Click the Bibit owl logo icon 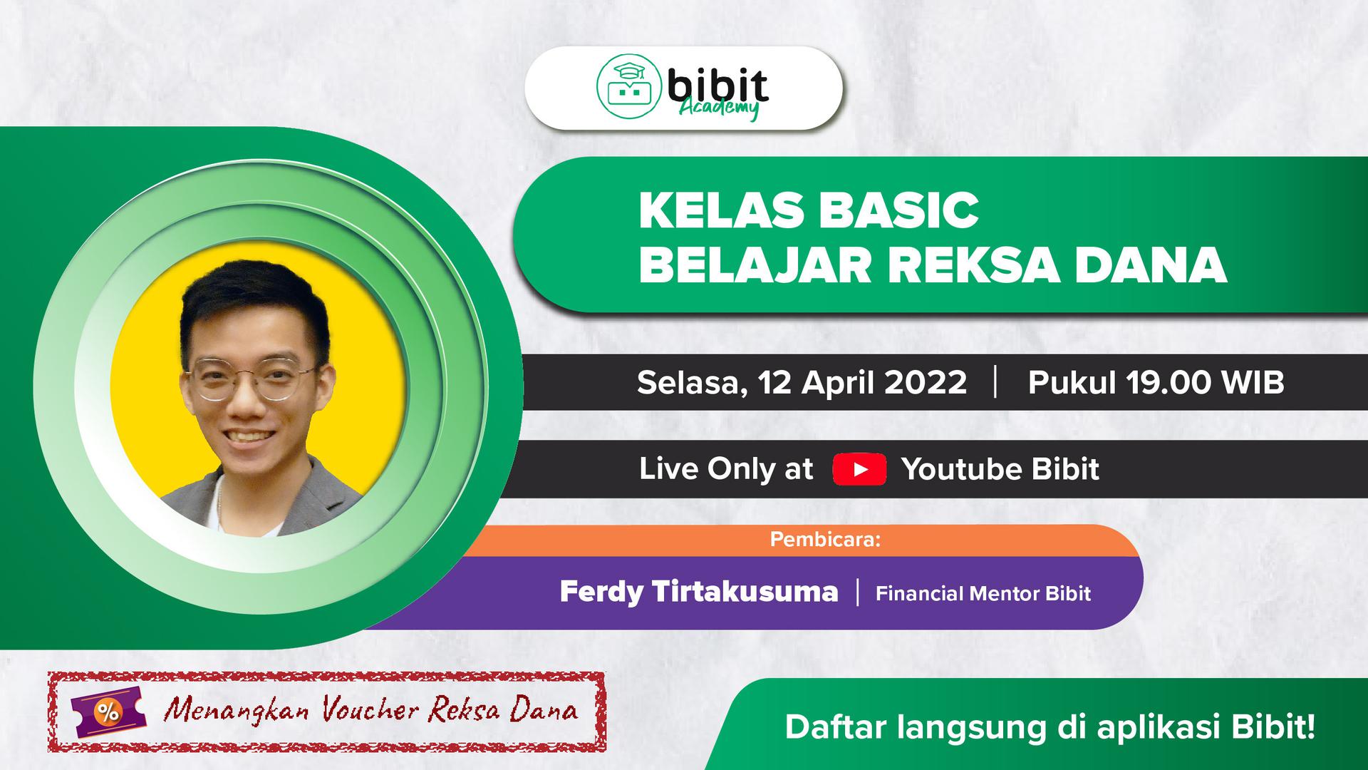627,88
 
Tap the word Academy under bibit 718,110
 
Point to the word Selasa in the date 692,384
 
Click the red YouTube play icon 860,469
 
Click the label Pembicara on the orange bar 826,540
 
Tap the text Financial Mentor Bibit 983,593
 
